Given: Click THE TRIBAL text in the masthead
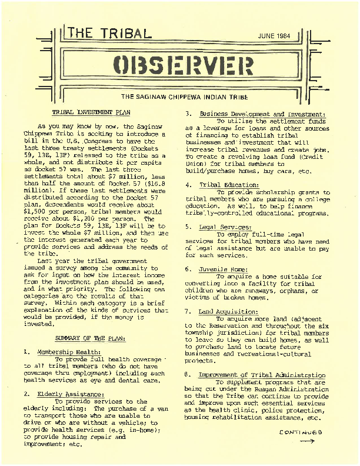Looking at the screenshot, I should pyautogui.click(x=108, y=34).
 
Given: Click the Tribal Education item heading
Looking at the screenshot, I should pyautogui.click(x=229, y=185).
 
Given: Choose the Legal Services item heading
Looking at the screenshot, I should pyautogui.click(x=225, y=227).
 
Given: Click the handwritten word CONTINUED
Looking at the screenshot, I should pyautogui.click(x=301, y=432).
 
